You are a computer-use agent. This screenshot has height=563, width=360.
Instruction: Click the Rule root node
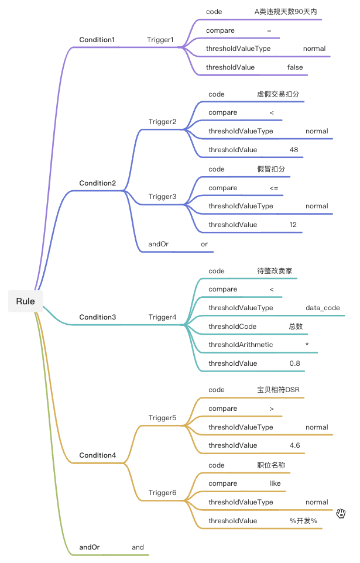point(25,301)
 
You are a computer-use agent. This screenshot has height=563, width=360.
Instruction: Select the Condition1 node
point(97,40)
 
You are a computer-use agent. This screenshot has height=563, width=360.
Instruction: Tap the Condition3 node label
point(97,317)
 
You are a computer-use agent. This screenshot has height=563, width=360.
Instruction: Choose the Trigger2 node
point(162,122)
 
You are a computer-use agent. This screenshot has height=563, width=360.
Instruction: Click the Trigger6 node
point(162,493)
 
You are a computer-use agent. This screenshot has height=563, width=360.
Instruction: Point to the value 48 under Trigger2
point(294,150)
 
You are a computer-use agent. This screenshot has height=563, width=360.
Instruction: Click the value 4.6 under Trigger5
point(295,445)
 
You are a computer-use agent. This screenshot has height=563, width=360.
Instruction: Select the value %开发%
point(303,521)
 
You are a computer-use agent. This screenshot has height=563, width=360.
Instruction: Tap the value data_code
point(323,308)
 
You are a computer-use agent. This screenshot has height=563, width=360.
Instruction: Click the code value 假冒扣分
point(272,169)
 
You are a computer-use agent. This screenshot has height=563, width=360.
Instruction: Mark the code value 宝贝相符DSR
point(279,390)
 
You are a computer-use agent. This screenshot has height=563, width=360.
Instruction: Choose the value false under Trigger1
point(295,67)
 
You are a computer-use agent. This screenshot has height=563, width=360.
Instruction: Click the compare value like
point(275,483)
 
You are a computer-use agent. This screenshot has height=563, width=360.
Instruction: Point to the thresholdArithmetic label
point(241,345)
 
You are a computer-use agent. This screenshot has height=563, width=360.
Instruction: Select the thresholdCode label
point(232,327)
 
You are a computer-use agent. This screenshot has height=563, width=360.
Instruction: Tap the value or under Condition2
point(204,244)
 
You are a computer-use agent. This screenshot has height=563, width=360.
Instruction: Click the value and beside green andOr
point(138,547)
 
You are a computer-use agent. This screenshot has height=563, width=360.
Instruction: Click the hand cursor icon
point(341,513)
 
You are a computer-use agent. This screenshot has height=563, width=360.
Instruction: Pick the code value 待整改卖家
point(275,271)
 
